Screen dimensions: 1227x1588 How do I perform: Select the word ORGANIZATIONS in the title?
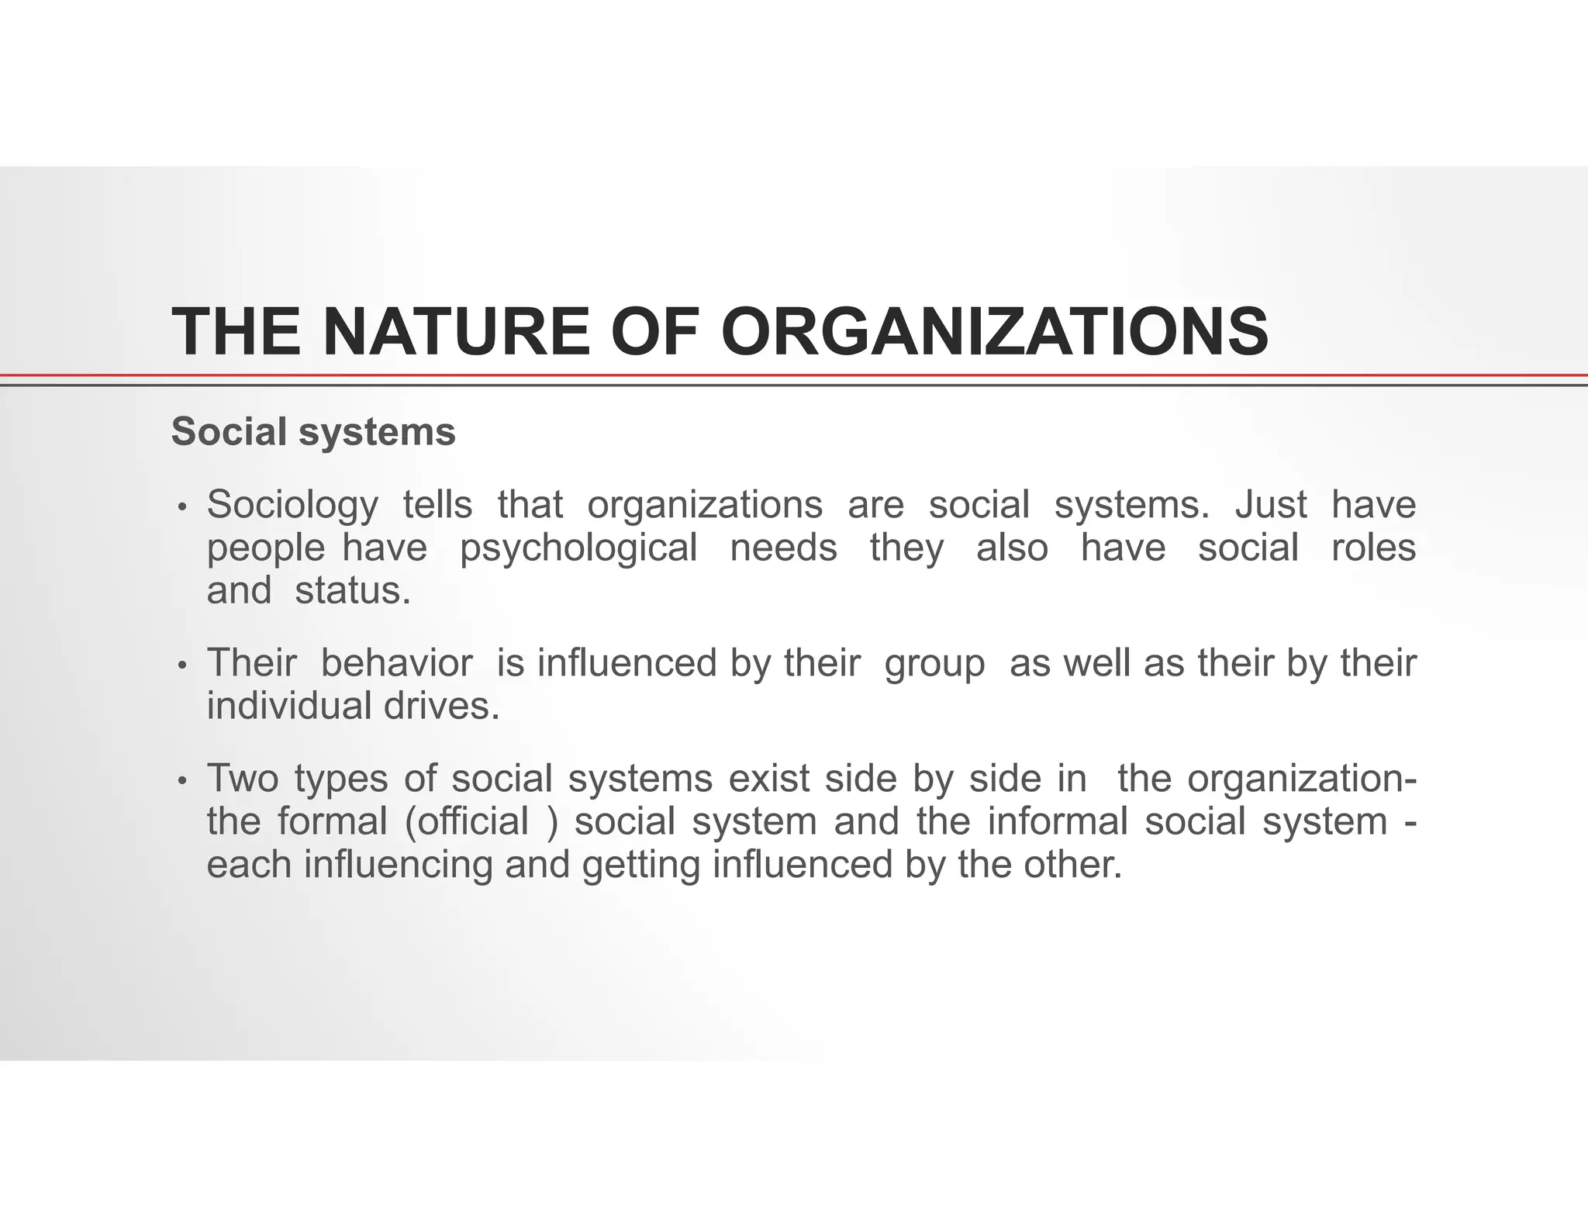[995, 332]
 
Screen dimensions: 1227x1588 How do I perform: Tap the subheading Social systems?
[313, 432]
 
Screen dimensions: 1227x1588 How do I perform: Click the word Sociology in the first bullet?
[292, 505]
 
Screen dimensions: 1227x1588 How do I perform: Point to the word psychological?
[578, 548]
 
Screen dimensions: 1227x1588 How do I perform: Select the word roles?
[1373, 548]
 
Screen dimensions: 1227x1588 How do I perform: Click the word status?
[352, 591]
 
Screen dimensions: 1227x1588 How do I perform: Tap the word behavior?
[396, 663]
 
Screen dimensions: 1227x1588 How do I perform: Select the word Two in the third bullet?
[242, 778]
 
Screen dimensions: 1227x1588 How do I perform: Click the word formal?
[333, 821]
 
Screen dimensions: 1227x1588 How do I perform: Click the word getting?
[640, 865]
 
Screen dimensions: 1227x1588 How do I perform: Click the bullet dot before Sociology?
[182, 508]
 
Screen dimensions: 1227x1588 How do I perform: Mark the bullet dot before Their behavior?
[182, 666]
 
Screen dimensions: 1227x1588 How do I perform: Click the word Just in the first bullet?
[1271, 505]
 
